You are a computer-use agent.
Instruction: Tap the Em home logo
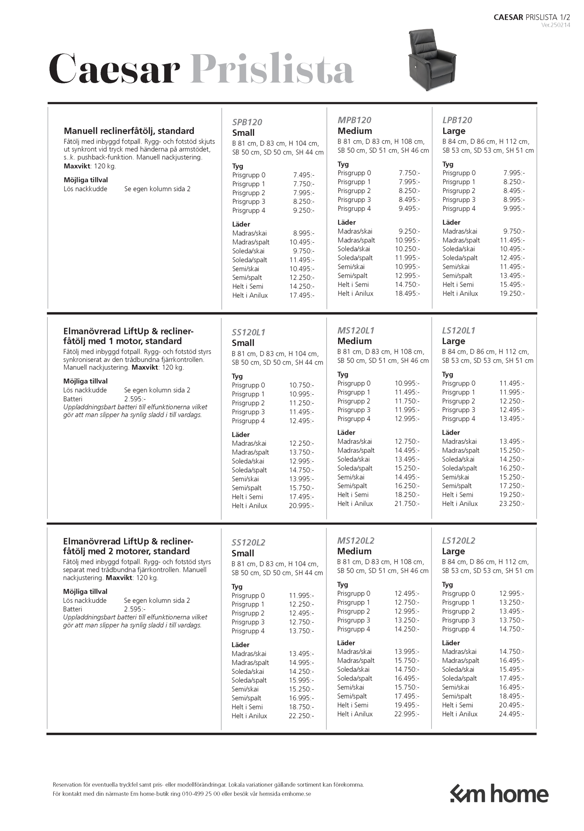(x=499, y=794)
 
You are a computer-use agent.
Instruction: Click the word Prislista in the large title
(x=272, y=70)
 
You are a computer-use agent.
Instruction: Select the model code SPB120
(x=247, y=122)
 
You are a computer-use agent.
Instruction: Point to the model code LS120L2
(x=458, y=541)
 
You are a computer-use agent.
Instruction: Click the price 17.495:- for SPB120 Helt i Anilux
(x=302, y=295)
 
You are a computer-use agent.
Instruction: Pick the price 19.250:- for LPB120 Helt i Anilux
(x=512, y=293)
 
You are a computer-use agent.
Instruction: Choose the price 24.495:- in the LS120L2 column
(x=511, y=714)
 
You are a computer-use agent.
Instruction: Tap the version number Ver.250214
(x=555, y=25)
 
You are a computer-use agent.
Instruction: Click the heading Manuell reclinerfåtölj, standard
(x=129, y=131)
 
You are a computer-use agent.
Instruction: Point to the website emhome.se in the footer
(x=297, y=794)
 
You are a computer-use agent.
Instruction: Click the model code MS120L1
(x=356, y=330)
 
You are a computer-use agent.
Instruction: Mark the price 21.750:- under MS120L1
(x=407, y=504)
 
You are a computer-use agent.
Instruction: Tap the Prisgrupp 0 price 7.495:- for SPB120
(x=303, y=175)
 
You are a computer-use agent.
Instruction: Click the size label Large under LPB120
(x=454, y=131)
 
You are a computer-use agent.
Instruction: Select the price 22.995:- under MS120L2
(x=407, y=714)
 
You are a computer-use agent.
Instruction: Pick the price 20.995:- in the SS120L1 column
(x=301, y=506)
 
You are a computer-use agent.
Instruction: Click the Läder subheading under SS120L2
(x=240, y=644)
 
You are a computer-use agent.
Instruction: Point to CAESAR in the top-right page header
(x=509, y=17)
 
